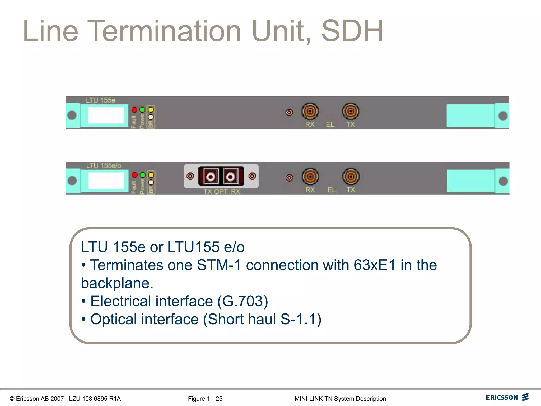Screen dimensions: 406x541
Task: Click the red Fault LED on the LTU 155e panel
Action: coord(134,109)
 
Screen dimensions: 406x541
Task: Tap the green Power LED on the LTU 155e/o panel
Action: coord(143,175)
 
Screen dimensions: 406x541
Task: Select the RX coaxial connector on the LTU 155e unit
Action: coord(310,111)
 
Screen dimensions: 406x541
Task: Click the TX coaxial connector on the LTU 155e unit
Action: coord(351,111)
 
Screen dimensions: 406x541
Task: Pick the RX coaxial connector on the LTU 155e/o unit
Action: coord(310,177)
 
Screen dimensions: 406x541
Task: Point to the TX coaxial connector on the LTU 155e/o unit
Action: coord(351,177)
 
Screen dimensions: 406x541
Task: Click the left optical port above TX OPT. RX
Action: coord(211,176)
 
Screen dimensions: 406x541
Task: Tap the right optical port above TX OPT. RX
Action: coord(230,176)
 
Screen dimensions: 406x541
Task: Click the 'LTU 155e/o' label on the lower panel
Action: coord(104,166)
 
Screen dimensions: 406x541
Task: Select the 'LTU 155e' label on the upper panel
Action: coord(101,100)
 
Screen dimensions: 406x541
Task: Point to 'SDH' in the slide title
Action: coord(352,31)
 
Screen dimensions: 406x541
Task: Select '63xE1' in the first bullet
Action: coord(375,265)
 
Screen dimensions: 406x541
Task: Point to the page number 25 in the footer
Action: coord(219,399)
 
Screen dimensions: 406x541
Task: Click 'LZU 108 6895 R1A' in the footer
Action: coord(95,399)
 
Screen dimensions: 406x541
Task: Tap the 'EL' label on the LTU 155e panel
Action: coord(330,124)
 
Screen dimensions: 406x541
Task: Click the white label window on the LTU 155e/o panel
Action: coord(106,181)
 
